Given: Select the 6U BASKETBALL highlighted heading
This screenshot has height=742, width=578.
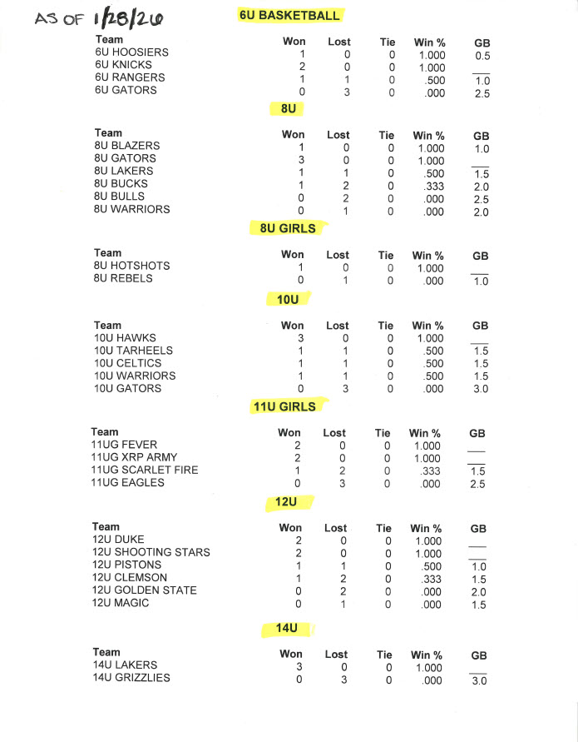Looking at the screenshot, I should (x=289, y=15).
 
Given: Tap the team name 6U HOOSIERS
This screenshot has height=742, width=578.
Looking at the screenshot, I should (x=131, y=52).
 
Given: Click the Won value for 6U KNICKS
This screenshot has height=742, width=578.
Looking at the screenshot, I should (x=303, y=67).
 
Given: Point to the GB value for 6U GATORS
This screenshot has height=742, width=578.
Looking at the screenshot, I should (x=482, y=94).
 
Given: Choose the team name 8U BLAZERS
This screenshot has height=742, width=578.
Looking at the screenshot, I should (x=127, y=146).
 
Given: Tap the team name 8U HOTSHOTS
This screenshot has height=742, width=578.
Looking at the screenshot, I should (x=132, y=266).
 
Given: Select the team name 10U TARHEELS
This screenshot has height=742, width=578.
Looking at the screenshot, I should (x=133, y=351).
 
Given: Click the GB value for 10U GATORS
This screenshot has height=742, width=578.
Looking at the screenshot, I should (x=481, y=389).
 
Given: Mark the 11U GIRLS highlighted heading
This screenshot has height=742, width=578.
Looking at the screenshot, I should (x=284, y=406).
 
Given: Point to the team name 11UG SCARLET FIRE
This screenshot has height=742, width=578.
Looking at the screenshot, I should (x=145, y=470).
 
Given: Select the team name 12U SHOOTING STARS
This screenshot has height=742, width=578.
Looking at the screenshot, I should (x=151, y=552).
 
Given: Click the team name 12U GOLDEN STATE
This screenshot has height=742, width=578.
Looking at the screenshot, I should (x=145, y=590).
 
